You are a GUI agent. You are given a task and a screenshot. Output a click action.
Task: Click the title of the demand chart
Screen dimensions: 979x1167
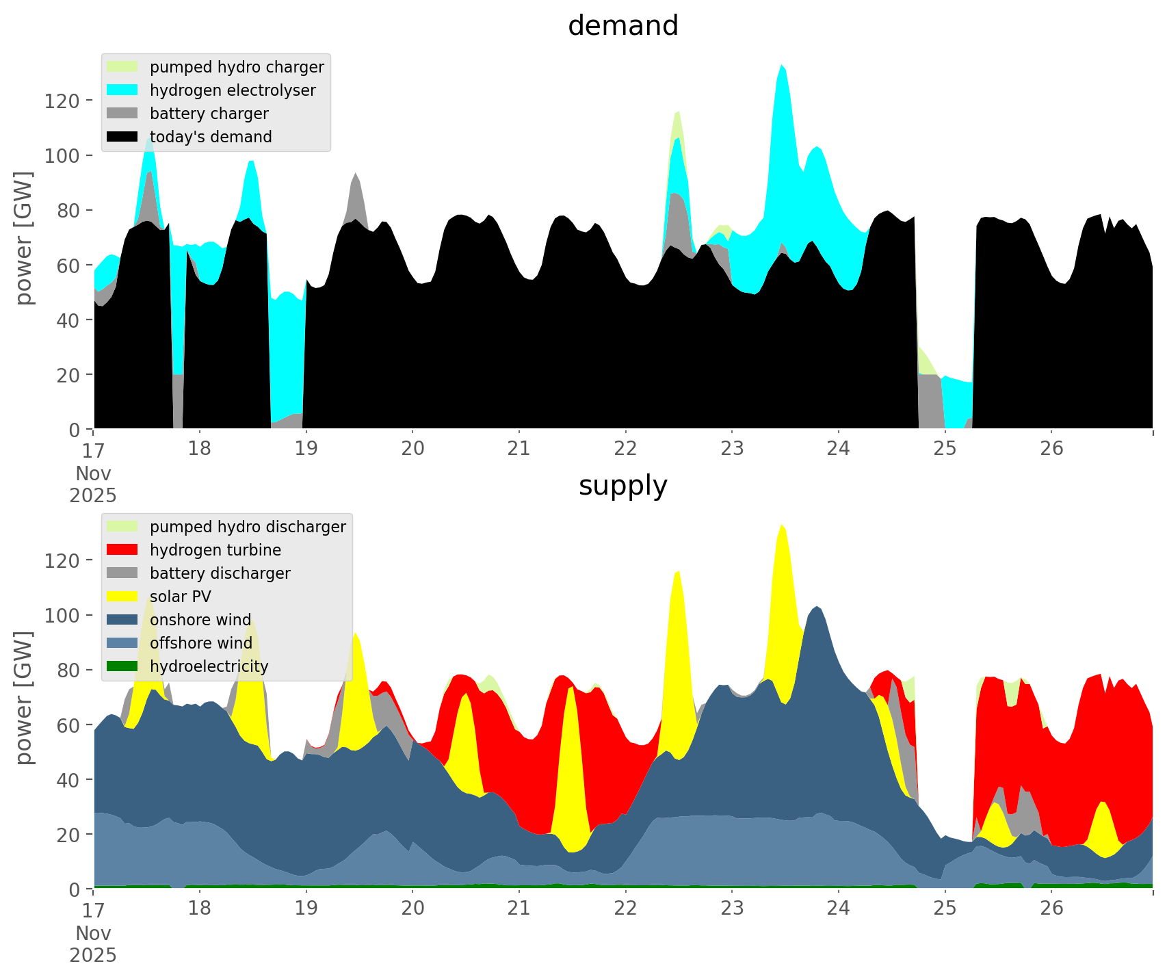(622, 26)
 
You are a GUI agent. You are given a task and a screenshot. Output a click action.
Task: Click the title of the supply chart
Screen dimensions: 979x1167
(622, 486)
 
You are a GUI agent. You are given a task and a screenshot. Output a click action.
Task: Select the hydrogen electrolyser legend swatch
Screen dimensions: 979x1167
(123, 90)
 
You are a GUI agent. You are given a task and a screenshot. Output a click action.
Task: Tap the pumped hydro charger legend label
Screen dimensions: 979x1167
(237, 67)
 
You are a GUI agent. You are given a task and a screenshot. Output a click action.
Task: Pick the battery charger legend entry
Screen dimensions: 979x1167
(209, 114)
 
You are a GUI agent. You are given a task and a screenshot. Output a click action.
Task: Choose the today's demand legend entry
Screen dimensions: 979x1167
(211, 137)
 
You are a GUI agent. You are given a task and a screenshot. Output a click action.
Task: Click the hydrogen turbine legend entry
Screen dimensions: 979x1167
(215, 550)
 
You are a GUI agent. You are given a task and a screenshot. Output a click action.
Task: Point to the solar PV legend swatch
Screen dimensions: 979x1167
(123, 597)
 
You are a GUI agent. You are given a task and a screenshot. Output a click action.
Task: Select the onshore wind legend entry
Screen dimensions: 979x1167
(200, 620)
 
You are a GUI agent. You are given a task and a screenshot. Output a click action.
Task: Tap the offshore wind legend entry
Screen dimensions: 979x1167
(200, 643)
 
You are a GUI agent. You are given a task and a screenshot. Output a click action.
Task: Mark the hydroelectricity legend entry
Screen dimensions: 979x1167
(209, 666)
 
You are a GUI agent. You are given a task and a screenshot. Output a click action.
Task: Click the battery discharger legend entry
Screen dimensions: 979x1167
(220, 573)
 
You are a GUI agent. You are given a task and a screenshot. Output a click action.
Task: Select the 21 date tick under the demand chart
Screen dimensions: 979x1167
(519, 449)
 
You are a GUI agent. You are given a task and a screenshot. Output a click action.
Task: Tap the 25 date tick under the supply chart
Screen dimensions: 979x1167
(945, 909)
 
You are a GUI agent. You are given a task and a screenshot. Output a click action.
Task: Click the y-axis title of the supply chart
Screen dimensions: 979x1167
(24, 698)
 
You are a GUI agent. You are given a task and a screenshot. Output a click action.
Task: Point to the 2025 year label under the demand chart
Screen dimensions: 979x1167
(93, 495)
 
